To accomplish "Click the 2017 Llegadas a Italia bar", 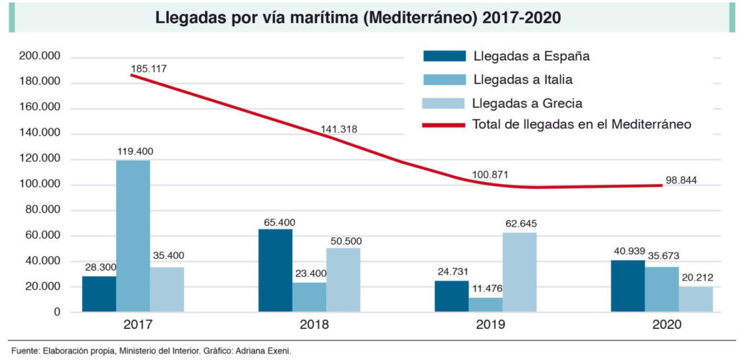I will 133,236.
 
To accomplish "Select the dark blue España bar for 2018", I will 275,271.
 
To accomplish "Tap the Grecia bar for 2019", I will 520,272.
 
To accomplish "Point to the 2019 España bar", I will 451,296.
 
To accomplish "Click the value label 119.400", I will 134,152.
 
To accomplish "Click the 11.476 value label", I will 486,288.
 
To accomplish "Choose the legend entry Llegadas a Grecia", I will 527,102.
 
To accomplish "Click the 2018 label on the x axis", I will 309,325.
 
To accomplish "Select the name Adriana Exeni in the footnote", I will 264,351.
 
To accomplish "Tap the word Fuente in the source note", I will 25,351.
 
